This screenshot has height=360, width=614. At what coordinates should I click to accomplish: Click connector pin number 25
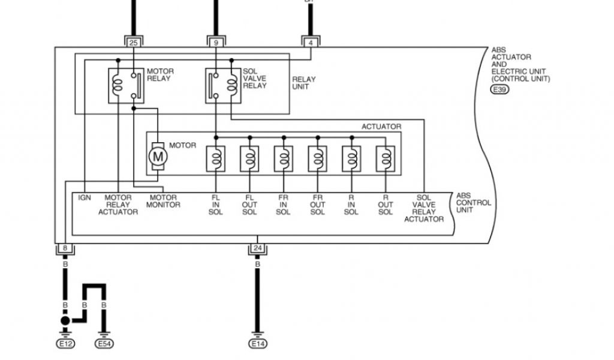[x=133, y=43]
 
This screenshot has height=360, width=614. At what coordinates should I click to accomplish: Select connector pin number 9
[x=215, y=43]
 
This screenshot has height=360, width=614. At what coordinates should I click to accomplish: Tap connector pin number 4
[x=310, y=43]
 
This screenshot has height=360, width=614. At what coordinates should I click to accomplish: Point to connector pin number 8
[x=65, y=248]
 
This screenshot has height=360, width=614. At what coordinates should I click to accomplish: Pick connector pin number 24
[x=257, y=248]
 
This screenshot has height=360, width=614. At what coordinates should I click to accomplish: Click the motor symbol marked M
[x=158, y=157]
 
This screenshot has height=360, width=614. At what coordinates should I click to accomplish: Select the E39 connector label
[x=498, y=90]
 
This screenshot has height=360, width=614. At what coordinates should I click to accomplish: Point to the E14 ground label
[x=258, y=344]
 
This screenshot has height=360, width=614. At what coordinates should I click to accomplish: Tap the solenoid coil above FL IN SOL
[x=215, y=159]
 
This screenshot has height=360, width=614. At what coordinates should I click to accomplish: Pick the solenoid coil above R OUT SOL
[x=385, y=159]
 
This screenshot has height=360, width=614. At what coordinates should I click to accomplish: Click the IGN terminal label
[x=85, y=197]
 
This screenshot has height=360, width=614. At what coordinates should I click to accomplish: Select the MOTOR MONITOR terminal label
[x=164, y=201]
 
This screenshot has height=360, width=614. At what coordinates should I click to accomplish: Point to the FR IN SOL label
[x=284, y=205]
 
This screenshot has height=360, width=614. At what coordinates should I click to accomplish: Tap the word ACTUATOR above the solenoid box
[x=381, y=127]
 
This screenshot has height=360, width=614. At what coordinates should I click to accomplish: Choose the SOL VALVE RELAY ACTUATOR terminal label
[x=424, y=208]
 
